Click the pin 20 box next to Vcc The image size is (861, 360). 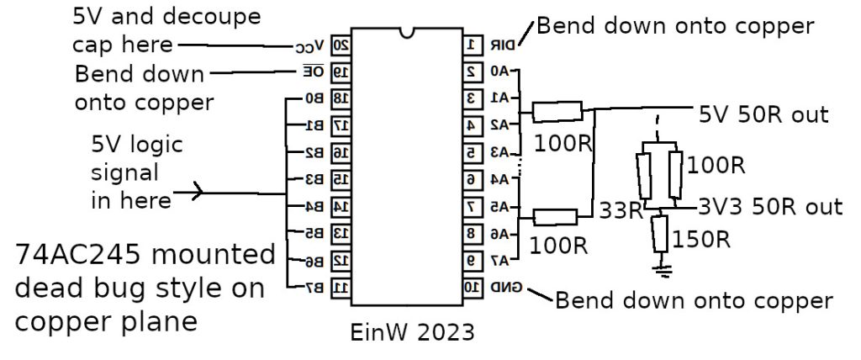tap(341, 45)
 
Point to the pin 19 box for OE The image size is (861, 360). tap(341, 72)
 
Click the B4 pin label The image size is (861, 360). tap(314, 206)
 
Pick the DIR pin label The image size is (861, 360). tap(502, 44)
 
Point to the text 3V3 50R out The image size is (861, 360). tap(769, 207)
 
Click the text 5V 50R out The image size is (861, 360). tap(763, 114)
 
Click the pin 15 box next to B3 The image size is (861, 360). tap(341, 180)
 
